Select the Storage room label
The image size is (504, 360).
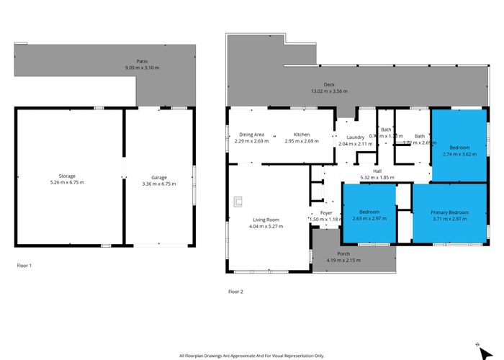67,176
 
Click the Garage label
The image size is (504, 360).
159,177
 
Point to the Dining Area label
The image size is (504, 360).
251,135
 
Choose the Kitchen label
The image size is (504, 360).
301,135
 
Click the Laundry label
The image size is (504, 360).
355,137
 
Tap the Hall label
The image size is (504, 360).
377,171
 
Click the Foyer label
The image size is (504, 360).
325,212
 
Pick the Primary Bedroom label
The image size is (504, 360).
449,212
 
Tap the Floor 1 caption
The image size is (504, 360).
24,266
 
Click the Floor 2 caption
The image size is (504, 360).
235,292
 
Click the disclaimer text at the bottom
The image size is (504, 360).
251,356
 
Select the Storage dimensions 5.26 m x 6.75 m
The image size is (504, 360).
67,183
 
